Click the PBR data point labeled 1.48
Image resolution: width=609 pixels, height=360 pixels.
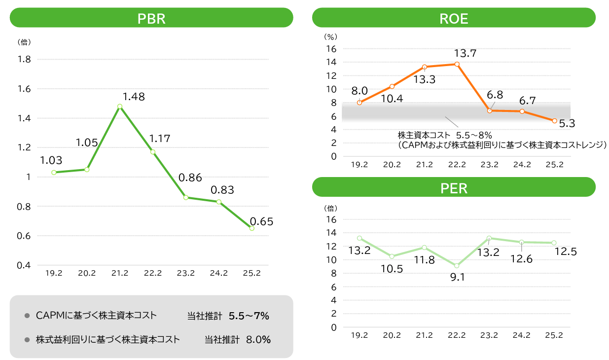tap(120, 106)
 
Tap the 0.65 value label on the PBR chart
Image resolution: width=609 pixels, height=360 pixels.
tap(261, 221)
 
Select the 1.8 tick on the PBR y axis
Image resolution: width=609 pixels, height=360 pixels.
tap(24, 60)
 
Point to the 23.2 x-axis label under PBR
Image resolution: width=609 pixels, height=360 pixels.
tap(185, 273)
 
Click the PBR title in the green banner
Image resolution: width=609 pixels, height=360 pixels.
tap(151, 19)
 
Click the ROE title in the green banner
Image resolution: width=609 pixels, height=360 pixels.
tap(454, 19)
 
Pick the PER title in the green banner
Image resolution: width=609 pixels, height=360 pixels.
tap(454, 188)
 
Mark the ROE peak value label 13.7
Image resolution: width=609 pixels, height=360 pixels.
tap(465, 53)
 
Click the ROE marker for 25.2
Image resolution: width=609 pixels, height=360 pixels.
tap(554, 121)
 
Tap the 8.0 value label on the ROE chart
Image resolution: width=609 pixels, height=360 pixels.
tap(359, 91)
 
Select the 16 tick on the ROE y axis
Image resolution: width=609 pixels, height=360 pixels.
tap(330, 49)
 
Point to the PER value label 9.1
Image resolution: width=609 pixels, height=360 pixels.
tap(457, 277)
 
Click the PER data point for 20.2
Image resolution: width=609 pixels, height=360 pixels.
tap(392, 256)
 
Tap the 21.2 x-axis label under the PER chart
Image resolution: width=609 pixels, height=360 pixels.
tap(424, 335)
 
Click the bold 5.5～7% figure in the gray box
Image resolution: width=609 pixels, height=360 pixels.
tap(249, 316)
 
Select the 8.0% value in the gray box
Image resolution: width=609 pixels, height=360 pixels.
tap(258, 340)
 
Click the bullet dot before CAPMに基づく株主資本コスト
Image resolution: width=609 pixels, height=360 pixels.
tap(28, 316)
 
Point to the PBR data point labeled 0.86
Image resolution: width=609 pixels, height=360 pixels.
tap(185, 197)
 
